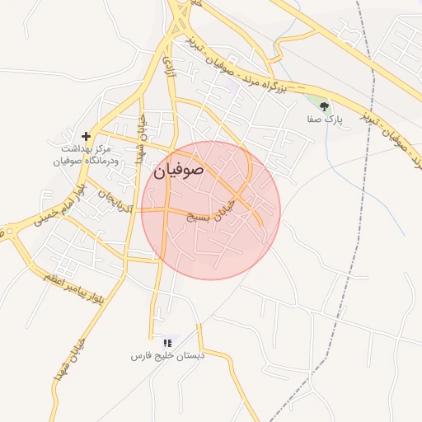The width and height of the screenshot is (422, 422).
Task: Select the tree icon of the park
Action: tap(324, 106)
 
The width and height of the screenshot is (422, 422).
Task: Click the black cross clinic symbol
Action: tap(86, 136)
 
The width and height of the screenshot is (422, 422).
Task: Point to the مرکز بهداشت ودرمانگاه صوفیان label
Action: tap(87, 153)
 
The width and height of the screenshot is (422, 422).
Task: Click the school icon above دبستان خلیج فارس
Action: tap(167, 342)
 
